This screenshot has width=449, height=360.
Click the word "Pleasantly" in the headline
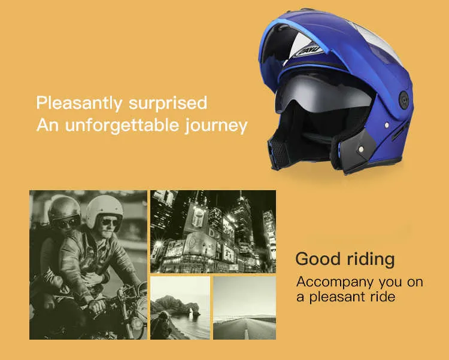pyautogui.click(x=79, y=103)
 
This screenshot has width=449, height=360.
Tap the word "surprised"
pyautogui.click(x=168, y=103)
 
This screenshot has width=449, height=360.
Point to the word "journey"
pyautogui.click(x=216, y=126)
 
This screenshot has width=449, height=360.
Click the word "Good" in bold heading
pyautogui.click(x=318, y=259)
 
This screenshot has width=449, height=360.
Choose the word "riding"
pyautogui.click(x=371, y=260)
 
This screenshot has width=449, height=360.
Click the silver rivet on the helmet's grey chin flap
pyautogui.click(x=360, y=149)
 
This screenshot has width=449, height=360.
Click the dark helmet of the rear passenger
pyautogui.click(x=64, y=209)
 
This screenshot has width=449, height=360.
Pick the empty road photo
pyautogui.click(x=244, y=308)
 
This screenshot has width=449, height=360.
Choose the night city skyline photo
pyautogui.click(x=213, y=231)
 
